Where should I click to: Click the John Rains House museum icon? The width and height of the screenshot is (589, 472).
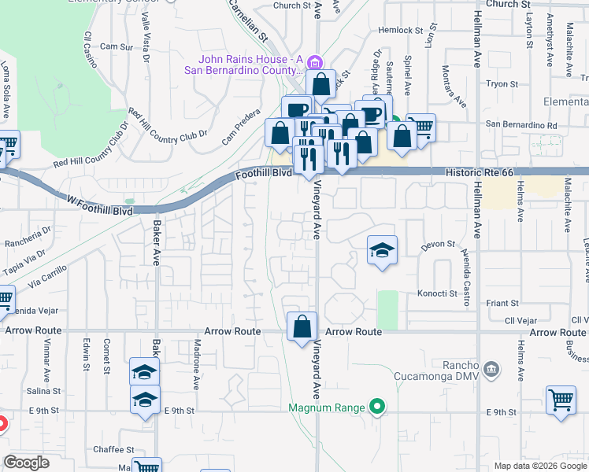coord(314,62)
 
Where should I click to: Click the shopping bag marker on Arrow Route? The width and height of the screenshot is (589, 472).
coord(302,326)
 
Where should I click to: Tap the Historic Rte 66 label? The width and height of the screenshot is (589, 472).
coord(479,171)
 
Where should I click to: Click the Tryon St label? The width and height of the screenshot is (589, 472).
coord(502,83)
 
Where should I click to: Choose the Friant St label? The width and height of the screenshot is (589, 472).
coord(502,303)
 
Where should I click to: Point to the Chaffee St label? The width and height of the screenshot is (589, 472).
coord(114,449)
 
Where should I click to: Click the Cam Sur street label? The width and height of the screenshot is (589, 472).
coord(116,47)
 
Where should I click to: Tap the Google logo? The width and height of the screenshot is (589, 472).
coord(26,463)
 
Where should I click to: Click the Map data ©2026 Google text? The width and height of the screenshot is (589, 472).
coord(539,466)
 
